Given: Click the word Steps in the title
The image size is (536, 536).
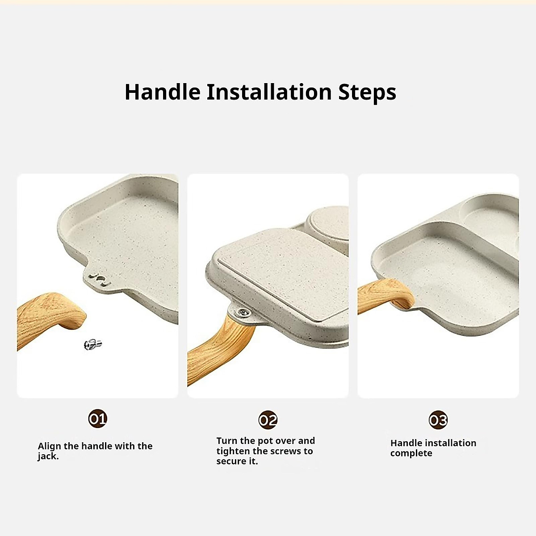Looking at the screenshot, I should pyautogui.click(x=367, y=93).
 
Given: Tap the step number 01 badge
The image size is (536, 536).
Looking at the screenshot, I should pyautogui.click(x=97, y=419).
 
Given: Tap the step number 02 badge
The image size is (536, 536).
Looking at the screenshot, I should pyautogui.click(x=268, y=420).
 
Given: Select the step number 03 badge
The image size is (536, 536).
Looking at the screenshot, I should pyautogui.click(x=438, y=420).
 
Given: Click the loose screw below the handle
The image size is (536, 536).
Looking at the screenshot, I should pyautogui.click(x=93, y=344).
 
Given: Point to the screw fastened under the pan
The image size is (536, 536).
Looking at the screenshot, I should pyautogui.click(x=243, y=312).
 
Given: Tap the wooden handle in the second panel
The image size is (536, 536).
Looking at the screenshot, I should pyautogui.click(x=219, y=346).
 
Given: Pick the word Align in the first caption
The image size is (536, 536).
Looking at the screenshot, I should pyautogui.click(x=49, y=446).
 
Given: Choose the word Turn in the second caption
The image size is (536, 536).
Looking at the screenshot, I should pyautogui.click(x=227, y=441).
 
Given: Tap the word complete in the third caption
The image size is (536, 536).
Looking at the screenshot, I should pyautogui.click(x=411, y=453).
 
